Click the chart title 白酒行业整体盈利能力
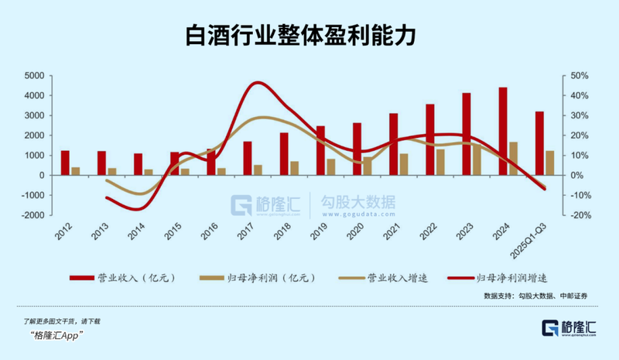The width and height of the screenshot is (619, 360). (x=309, y=36)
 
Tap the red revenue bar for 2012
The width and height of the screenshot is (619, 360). (x=65, y=163)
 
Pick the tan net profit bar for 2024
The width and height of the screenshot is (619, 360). (x=513, y=158)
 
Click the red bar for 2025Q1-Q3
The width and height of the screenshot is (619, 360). (x=539, y=143)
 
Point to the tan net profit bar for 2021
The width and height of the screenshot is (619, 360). (x=404, y=164)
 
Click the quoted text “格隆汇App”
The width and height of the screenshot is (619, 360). (x=57, y=334)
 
